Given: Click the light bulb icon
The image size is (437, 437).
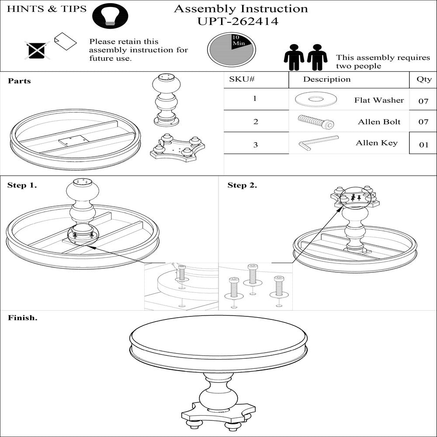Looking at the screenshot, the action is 110,16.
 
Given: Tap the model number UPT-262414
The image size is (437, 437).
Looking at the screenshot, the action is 238,21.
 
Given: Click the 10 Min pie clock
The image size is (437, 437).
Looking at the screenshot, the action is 231,50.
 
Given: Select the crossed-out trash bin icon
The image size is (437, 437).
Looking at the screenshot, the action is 37,50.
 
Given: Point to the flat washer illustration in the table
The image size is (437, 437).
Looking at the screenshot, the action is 316,99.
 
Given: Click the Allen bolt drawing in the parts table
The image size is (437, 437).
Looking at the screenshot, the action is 316,121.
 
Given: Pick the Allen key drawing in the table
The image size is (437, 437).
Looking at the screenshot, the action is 318,143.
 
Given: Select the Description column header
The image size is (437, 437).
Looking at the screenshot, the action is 326,80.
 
